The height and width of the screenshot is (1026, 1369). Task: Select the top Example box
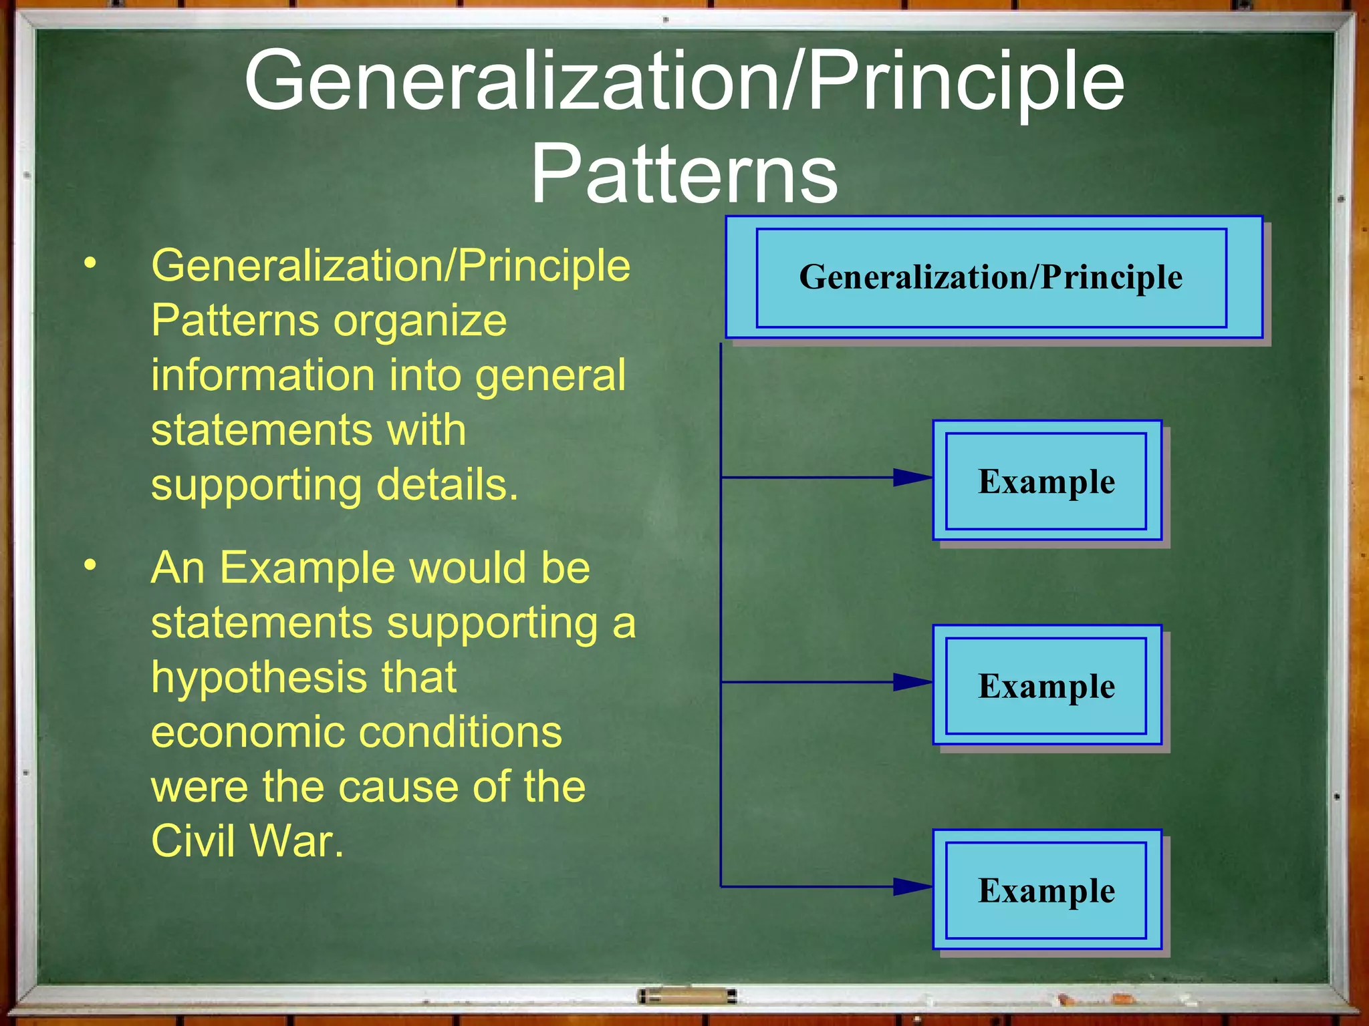(1047, 481)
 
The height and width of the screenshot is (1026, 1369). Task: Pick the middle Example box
(1047, 686)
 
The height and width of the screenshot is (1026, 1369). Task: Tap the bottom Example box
(1047, 890)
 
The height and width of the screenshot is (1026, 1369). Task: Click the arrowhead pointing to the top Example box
(913, 478)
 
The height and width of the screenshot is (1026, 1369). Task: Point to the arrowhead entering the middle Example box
(913, 682)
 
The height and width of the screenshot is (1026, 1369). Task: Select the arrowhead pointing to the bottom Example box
(913, 886)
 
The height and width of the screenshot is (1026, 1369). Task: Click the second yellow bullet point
(90, 565)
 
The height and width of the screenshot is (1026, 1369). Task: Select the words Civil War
(247, 840)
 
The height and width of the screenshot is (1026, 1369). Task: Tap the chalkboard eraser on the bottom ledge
(687, 996)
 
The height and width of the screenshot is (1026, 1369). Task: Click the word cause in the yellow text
(400, 786)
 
